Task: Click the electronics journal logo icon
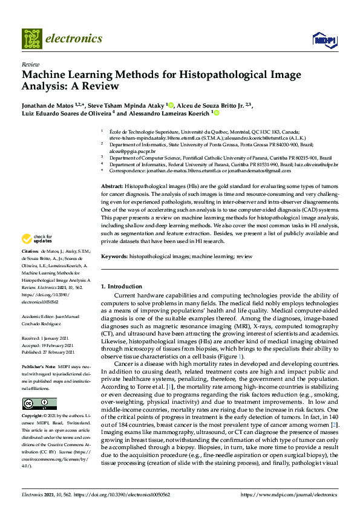click(x=33, y=38)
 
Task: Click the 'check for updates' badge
click(x=35, y=239)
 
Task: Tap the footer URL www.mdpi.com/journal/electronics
click(x=289, y=494)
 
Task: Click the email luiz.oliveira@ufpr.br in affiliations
click(x=316, y=164)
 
